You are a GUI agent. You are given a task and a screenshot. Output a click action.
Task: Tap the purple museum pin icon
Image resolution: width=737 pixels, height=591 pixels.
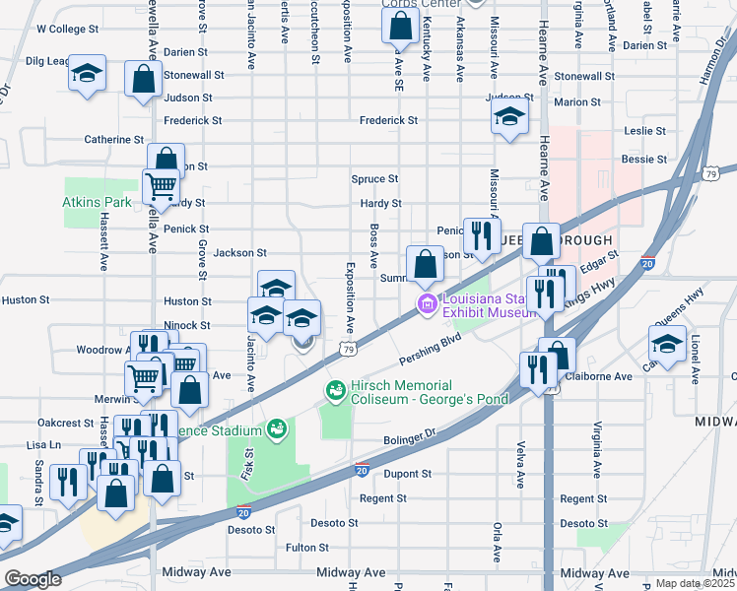tap(427, 304)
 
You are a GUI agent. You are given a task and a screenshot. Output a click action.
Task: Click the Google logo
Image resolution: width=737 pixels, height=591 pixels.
tap(33, 579)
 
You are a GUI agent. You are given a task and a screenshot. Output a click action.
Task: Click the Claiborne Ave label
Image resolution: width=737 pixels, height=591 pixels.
tap(596, 376)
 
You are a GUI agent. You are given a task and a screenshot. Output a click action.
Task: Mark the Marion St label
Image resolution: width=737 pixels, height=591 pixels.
tap(577, 102)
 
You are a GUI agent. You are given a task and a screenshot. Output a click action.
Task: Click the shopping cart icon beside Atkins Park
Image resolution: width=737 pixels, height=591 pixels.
tap(160, 183)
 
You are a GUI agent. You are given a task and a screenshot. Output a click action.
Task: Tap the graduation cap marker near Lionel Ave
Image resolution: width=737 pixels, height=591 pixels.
tap(668, 345)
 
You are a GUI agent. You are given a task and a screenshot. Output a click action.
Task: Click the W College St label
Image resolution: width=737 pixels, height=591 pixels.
tap(68, 30)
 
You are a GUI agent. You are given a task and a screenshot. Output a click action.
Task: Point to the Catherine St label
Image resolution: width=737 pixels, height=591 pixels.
tap(114, 140)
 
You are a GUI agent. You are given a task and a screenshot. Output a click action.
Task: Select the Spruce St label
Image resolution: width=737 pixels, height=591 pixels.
tap(374, 179)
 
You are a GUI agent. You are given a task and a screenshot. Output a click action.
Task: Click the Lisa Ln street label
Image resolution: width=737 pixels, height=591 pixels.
tap(43, 445)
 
